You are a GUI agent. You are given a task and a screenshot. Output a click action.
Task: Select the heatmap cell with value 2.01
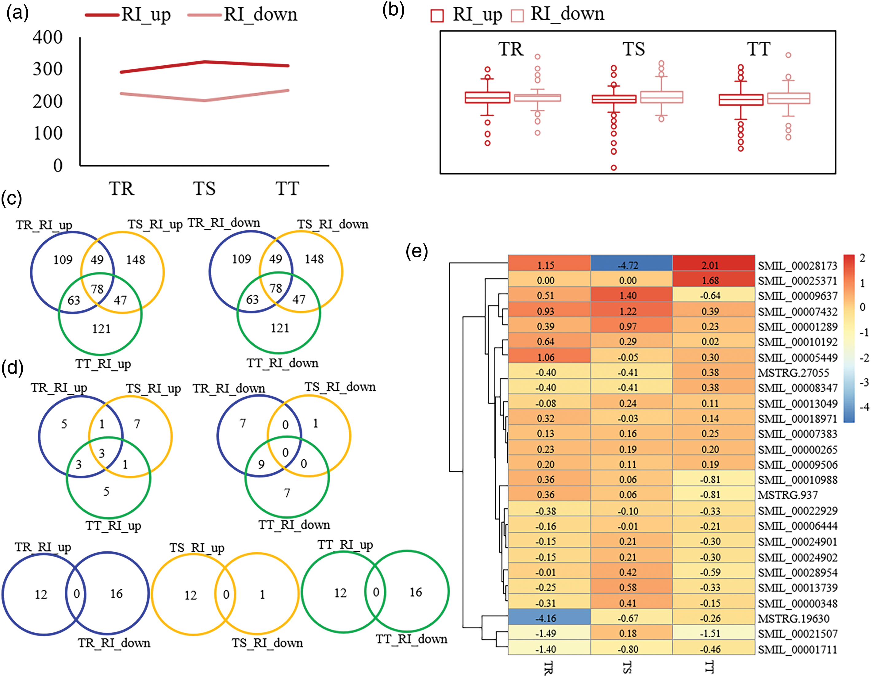[710, 265]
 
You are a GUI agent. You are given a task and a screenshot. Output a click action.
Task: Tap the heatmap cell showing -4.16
[546, 618]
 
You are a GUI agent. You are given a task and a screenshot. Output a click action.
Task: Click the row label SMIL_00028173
[797, 266]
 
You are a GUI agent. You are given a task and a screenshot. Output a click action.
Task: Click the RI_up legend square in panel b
[437, 16]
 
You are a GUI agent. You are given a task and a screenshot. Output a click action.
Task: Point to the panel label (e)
[416, 252]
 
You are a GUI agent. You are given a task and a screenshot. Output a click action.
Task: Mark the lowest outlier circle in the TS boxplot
[614, 168]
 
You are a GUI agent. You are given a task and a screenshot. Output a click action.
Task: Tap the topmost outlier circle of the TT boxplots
[788, 55]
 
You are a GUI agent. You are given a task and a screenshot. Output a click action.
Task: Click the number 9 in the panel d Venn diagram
[261, 464]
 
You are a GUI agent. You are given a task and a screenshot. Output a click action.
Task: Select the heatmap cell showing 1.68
[710, 281]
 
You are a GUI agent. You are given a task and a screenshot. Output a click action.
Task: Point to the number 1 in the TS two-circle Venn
[262, 594]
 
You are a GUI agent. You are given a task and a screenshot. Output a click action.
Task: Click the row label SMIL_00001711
[797, 649]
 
